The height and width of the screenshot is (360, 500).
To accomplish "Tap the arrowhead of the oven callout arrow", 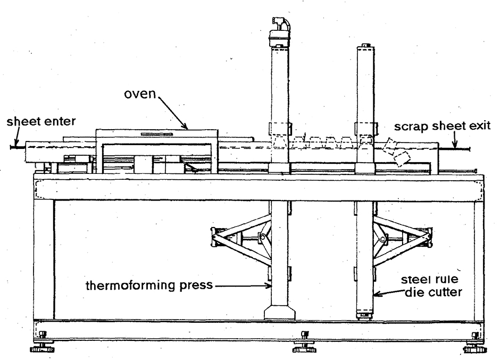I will (187, 128).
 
